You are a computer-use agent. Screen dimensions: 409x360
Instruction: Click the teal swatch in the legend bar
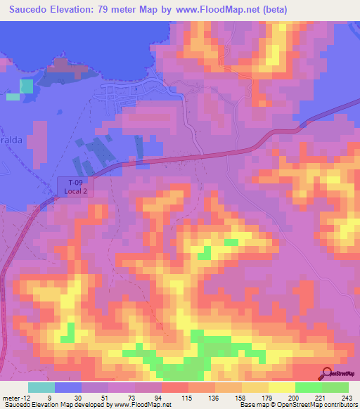[x=41, y=387]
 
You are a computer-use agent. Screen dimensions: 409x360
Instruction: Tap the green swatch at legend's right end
[x=335, y=387]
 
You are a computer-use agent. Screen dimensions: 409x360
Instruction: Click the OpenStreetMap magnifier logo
[x=327, y=374]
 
